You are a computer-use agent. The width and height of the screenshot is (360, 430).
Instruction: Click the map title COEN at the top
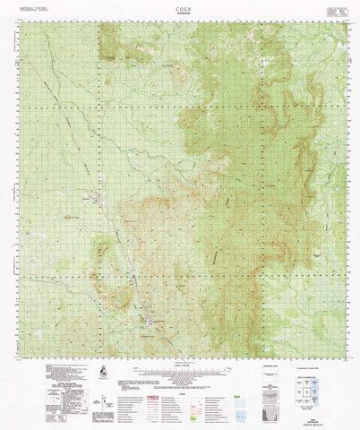(183, 5)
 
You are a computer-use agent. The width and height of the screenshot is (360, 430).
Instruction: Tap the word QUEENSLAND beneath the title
(183, 12)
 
